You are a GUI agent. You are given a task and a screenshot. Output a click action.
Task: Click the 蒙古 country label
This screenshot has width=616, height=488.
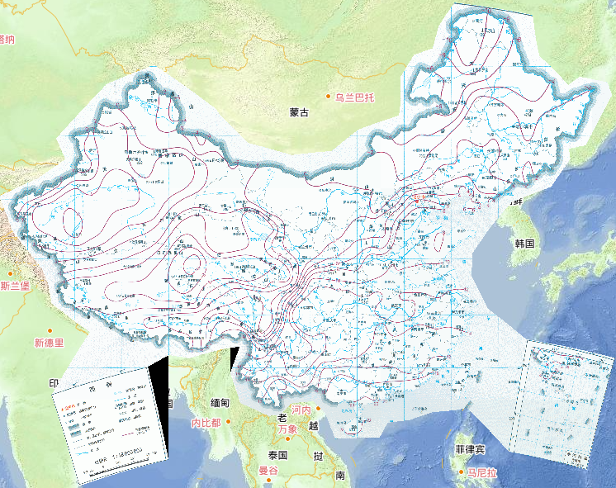coord(299,112)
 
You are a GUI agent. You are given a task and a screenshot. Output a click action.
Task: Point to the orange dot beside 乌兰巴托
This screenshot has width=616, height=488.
coord(329,97)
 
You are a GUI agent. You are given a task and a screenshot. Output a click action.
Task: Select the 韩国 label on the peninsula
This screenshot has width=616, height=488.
coord(525,244)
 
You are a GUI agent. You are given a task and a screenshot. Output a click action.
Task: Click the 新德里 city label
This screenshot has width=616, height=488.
coord(49,343)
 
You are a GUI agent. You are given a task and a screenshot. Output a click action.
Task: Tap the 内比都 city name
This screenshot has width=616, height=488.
coord(206,423)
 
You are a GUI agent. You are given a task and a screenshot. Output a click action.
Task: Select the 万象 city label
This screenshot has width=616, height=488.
coord(287,429)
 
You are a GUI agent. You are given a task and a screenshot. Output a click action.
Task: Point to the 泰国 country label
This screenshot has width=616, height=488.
coord(277,455)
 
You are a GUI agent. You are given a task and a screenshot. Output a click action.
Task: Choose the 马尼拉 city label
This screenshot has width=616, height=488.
coord(481,473)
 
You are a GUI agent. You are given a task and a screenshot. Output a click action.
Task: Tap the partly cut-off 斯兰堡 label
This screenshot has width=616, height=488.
coord(15,287)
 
